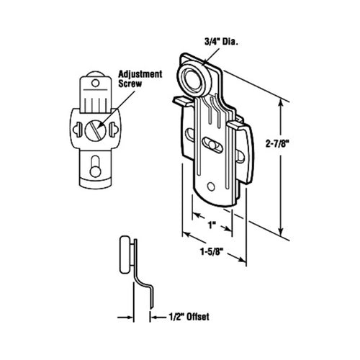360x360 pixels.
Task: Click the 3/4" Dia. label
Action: click(221, 42)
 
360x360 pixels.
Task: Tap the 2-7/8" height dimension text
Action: click(276, 144)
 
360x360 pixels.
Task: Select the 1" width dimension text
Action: click(212, 225)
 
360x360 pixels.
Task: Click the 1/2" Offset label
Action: click(189, 317)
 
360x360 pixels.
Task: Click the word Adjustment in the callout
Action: click(140, 74)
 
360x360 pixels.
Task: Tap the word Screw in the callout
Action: click(130, 84)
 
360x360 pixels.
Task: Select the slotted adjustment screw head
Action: click(95, 130)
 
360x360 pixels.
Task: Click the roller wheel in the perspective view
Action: click(194, 79)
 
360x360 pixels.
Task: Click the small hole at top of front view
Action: click(96, 84)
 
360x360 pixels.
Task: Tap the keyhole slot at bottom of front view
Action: click(95, 166)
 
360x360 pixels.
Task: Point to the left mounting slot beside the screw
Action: click(77, 130)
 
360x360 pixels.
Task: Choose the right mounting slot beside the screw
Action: click(113, 130)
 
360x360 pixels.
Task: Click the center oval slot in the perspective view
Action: click(212, 145)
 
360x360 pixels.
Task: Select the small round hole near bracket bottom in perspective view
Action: click(211, 186)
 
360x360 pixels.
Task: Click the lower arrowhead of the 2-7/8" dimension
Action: click(281, 231)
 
